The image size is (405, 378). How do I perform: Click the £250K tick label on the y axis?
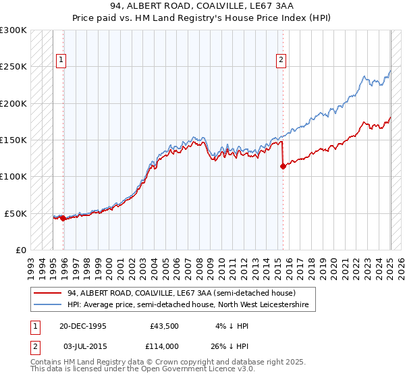tap(13, 67)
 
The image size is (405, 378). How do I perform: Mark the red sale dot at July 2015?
tap(283, 167)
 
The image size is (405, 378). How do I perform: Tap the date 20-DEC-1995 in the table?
tap(83, 325)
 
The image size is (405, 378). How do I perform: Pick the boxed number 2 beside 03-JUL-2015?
tap(34, 346)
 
